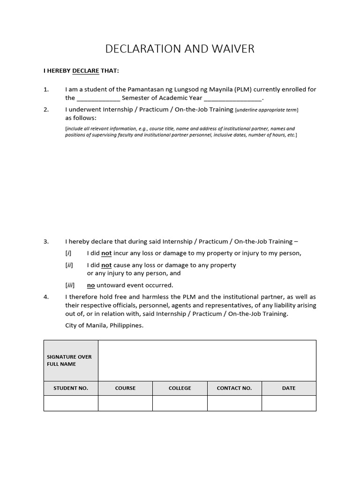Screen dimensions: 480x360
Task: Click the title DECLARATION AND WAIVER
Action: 180,49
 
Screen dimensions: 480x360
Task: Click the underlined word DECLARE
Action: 86,71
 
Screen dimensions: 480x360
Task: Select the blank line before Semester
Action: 98,98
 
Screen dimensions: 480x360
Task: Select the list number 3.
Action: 46,242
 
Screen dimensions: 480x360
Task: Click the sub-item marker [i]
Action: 68,253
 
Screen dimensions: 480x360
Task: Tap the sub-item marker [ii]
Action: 69,265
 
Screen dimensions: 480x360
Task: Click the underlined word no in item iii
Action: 91,285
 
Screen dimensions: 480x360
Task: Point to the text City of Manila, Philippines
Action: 104,325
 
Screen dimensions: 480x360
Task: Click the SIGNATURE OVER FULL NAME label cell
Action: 71,360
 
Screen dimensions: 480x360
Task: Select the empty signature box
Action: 207,360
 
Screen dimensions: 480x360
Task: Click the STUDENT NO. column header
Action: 71,388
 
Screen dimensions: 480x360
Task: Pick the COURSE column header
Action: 125,388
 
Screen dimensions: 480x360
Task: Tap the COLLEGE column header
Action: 180,388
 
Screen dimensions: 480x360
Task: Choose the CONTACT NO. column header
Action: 234,388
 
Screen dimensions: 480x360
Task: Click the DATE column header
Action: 289,388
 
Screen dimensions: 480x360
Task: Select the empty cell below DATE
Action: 289,403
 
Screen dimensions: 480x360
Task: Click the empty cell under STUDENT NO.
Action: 71,403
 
